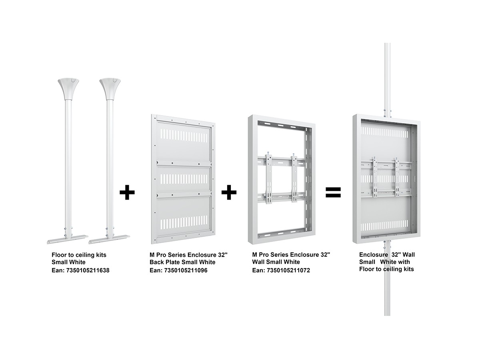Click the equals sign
click(333, 192)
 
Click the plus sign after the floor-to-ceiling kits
click(127, 192)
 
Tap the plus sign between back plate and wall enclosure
click(229, 192)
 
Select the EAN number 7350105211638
click(88, 270)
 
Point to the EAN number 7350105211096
click(186, 270)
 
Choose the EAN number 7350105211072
click(288, 270)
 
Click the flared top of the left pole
click(68, 88)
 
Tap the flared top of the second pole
click(110, 88)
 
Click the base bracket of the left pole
click(67, 239)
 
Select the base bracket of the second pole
click(109, 239)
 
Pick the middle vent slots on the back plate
click(184, 179)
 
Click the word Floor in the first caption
click(59, 255)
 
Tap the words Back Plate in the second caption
click(165, 262)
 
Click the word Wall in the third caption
click(258, 262)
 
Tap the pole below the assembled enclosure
click(387, 278)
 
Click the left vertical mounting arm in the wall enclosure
click(268, 178)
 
